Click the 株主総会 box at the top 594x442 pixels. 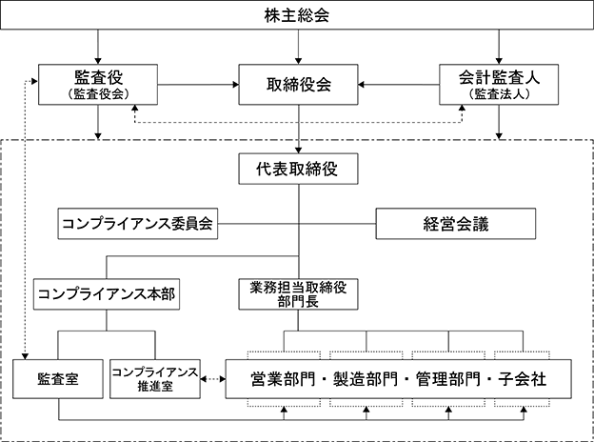(x=297, y=15)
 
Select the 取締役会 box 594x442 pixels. (x=298, y=85)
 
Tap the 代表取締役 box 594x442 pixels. (x=298, y=169)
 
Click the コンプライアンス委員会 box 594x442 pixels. (x=137, y=224)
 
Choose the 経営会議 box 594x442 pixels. (x=456, y=224)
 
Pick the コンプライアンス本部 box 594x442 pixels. (x=107, y=294)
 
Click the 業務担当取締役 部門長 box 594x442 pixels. (x=298, y=294)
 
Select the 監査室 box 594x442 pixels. (x=58, y=379)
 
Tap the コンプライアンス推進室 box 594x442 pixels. (x=155, y=379)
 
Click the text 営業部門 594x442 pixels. (x=283, y=379)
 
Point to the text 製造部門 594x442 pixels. (x=366, y=379)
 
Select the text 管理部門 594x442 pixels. (x=448, y=379)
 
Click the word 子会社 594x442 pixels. (x=523, y=379)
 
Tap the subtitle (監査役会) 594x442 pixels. (x=98, y=94)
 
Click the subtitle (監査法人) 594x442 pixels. (x=499, y=94)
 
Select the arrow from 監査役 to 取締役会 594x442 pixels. (x=198, y=85)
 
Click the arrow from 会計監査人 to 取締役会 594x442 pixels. (x=399, y=85)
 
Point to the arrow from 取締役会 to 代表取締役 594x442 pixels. (x=298, y=130)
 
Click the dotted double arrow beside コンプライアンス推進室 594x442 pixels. (x=213, y=379)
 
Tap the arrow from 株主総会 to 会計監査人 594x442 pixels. (x=499, y=47)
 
